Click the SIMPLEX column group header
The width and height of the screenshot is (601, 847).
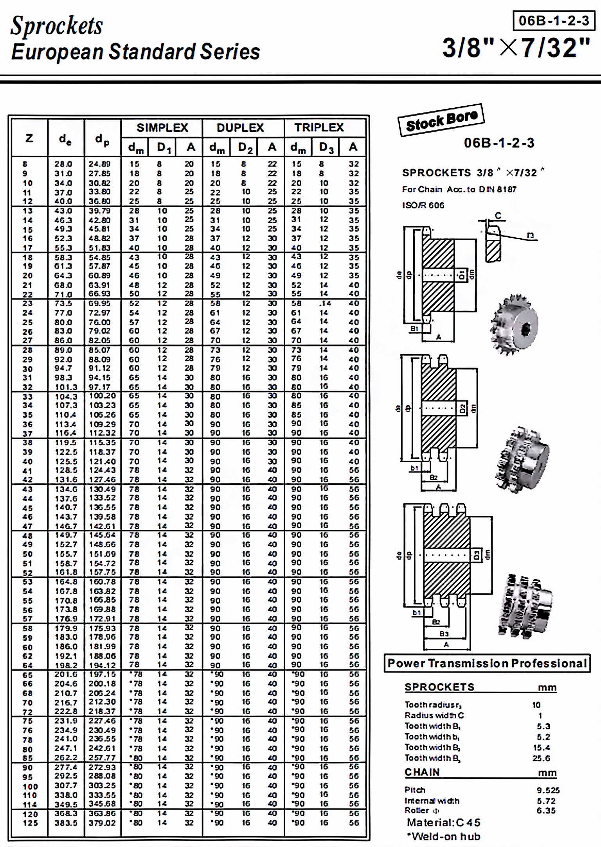[x=162, y=127]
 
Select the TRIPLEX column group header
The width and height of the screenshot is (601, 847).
[x=319, y=127]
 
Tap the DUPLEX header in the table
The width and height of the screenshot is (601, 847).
[x=240, y=127]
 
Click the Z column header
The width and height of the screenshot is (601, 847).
[x=29, y=138]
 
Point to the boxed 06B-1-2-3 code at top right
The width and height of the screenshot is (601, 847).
[x=554, y=20]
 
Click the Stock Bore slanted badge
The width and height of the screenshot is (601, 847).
[x=442, y=121]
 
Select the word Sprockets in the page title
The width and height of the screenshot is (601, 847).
[x=57, y=26]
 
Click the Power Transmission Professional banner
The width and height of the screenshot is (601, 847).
[x=487, y=663]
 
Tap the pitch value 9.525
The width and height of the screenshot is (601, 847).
[x=548, y=790]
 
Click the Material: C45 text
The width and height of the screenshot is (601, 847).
[x=443, y=822]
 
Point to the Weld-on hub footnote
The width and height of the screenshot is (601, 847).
[x=443, y=836]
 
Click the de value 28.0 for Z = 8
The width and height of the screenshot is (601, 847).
[x=63, y=164]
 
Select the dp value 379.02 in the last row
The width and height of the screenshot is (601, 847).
[x=102, y=823]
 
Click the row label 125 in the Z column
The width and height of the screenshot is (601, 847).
[x=30, y=823]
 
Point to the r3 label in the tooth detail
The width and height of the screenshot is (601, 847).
[x=530, y=235]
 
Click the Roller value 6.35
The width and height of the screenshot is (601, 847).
[x=546, y=811]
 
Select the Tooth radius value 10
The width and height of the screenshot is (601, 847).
[x=536, y=705]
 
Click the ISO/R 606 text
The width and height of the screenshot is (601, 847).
[x=423, y=205]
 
